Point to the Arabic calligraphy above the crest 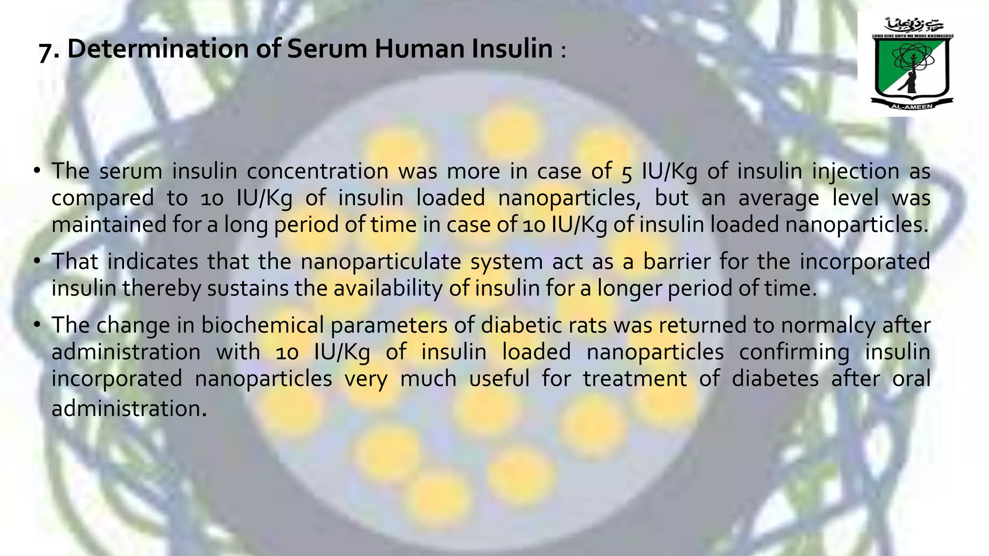[x=912, y=24]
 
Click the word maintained [x=109, y=225]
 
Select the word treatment [x=635, y=378]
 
